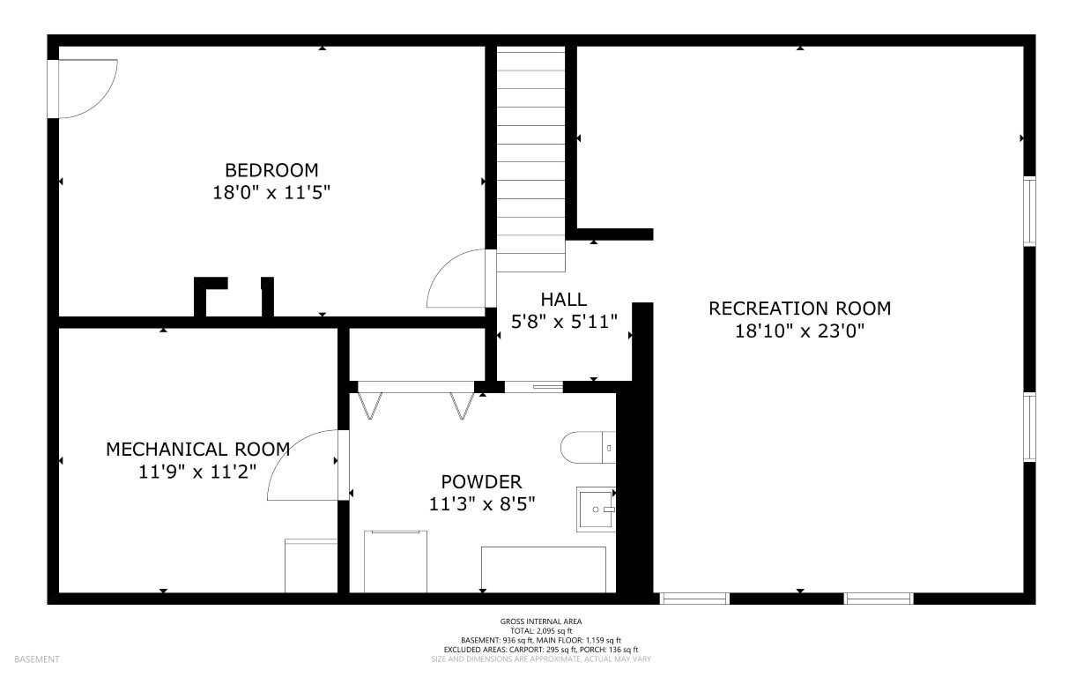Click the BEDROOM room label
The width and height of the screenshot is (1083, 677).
coord(271,170)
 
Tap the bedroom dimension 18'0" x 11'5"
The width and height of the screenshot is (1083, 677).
coord(271,193)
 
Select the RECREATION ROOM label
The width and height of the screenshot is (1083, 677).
coord(799,309)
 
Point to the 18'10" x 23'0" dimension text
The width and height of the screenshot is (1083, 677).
coord(799,331)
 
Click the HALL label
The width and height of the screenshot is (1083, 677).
coord(564,300)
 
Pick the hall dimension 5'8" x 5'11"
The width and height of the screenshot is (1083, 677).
coord(564,322)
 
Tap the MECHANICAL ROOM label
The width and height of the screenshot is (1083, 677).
coord(197,450)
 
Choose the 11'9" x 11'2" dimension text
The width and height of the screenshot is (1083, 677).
coord(197,472)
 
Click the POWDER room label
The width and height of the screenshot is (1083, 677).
coord(481,482)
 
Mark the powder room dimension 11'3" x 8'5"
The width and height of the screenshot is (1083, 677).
coord(482,504)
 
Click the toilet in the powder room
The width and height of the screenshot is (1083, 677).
coord(588,447)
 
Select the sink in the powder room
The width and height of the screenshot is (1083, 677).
coord(596,510)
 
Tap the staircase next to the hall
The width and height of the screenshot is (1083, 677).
coord(530,159)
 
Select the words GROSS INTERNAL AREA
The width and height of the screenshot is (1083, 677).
coord(541,621)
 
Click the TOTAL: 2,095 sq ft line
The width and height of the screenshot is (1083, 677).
coord(541,630)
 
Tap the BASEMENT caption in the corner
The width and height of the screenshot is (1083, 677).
coord(37,659)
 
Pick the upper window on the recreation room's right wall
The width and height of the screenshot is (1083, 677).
coord(1030,212)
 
